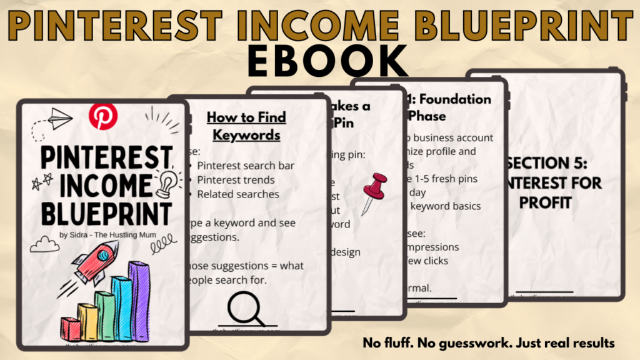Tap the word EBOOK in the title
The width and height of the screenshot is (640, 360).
[x=319, y=61]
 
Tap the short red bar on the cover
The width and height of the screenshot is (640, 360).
[x=70, y=329]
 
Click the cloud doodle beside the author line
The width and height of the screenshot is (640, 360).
[x=44, y=244]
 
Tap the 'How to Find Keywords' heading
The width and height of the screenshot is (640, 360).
[x=246, y=126]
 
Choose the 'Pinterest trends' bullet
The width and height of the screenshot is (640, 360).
[x=235, y=180]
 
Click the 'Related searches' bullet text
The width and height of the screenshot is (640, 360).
[x=237, y=194]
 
